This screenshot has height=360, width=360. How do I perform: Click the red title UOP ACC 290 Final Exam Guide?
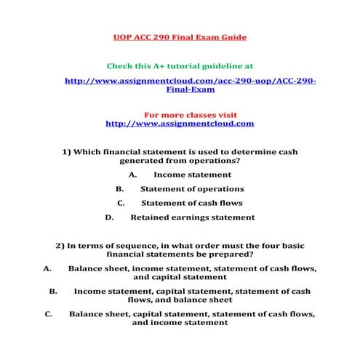point(180,36)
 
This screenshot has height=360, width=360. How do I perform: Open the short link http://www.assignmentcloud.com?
point(180,124)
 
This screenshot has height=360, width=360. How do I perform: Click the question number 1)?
point(67,152)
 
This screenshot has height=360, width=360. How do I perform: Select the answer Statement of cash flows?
point(191,203)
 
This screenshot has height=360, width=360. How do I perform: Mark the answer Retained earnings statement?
point(192,217)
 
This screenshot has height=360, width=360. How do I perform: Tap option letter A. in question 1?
point(132,175)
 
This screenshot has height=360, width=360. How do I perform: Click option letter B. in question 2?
point(53,291)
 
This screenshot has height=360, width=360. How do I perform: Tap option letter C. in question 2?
point(48,314)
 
